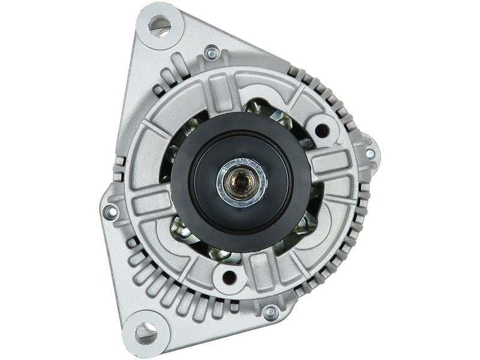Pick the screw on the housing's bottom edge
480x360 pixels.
pos(271,311)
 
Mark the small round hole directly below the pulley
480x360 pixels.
pos(229,278)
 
